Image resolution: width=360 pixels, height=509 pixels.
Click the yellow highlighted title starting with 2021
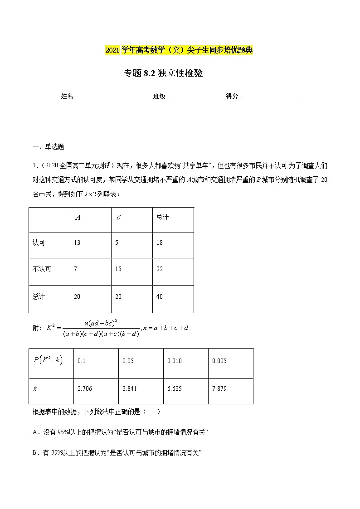179,50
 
